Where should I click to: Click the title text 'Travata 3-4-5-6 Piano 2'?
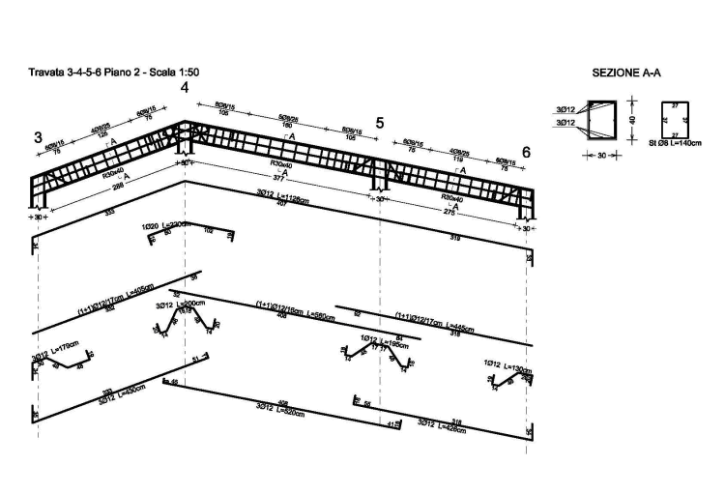coord(96,73)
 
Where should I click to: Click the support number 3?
coord(38,137)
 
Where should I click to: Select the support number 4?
coord(184,89)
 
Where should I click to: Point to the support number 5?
coord(380,123)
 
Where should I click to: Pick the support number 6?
coord(526,153)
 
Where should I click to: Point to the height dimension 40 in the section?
coord(629,119)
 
